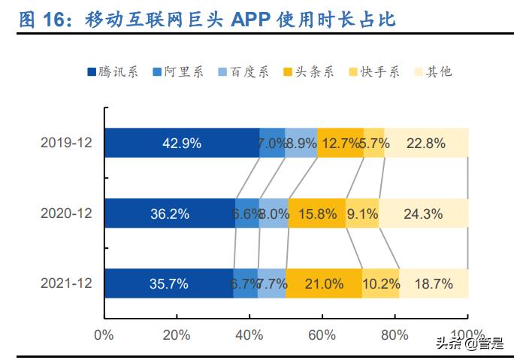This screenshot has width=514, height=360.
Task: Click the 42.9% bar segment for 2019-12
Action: coord(181,143)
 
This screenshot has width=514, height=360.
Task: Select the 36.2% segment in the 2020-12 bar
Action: coord(169,213)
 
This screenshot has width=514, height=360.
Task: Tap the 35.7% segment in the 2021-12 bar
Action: coord(168,283)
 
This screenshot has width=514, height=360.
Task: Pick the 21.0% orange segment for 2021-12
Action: coord(324,283)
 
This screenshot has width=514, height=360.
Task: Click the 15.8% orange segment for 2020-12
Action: coord(316,213)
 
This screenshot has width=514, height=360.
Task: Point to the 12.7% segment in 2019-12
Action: coord(340,143)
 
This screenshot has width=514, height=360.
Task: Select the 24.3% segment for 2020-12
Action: coord(423,213)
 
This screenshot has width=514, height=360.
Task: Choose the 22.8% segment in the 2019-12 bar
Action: coord(426,143)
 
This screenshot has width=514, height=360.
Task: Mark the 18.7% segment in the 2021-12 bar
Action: coord(434,283)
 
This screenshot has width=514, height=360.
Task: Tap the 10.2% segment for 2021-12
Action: coord(380,283)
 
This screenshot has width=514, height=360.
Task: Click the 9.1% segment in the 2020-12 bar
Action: coord(362,213)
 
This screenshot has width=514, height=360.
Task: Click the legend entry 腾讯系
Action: coord(112,72)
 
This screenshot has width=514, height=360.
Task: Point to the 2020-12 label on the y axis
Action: coord(66,213)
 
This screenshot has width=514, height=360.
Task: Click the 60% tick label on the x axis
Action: coord(322,334)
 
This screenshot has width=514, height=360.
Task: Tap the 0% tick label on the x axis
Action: coord(104,334)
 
